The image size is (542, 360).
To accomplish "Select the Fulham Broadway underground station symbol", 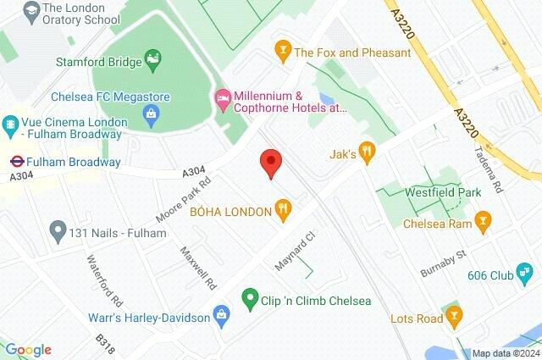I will (x=15, y=161).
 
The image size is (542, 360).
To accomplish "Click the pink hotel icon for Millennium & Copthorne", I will (x=223, y=99).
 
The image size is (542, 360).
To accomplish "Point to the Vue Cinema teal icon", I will (x=11, y=123).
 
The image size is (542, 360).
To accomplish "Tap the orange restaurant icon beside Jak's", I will (x=366, y=153).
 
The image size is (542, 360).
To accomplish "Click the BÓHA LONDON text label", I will (x=228, y=208).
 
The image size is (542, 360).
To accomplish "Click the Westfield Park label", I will (x=442, y=192).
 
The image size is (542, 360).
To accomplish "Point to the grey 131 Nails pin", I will (x=58, y=229).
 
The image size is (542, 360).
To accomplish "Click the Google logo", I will (x=28, y=349).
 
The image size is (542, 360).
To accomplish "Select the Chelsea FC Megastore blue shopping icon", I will (x=152, y=113).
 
